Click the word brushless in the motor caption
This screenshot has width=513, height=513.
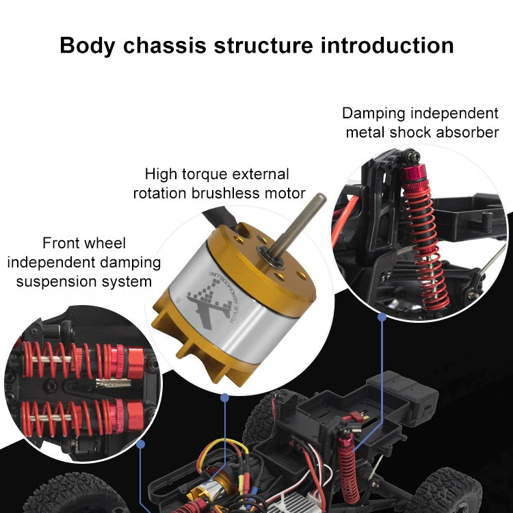240,194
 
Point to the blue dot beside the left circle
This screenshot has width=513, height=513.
141,443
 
